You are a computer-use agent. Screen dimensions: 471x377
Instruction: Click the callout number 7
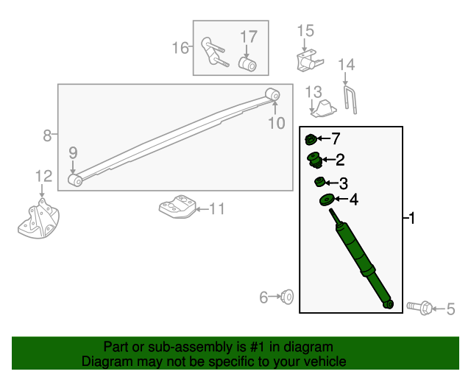[336, 138]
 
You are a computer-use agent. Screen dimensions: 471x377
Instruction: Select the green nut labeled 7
[311, 139]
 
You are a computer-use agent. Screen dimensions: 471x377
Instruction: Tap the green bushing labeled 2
[314, 160]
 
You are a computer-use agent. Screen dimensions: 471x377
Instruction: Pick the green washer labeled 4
[327, 200]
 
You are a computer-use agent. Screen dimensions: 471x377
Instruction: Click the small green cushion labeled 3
[319, 182]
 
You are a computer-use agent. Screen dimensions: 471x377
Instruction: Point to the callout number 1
[412, 218]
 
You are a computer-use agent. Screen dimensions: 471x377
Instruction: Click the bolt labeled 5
[419, 308]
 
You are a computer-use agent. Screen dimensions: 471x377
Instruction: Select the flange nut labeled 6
[287, 297]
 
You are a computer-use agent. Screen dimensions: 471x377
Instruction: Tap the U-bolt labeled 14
[350, 100]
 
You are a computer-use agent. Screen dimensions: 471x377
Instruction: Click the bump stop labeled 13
[324, 108]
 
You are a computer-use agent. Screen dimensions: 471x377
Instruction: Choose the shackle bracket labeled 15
[310, 61]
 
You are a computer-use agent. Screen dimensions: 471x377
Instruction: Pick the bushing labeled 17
[247, 64]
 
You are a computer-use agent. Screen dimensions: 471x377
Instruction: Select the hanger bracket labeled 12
[38, 219]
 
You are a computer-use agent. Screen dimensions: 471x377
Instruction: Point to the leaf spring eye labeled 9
[75, 180]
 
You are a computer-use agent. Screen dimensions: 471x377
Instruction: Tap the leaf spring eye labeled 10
[272, 94]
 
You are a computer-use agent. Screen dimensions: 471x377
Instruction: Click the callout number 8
[47, 135]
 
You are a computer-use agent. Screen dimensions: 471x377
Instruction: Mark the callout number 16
[180, 48]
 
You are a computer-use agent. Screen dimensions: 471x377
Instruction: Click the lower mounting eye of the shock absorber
[389, 304]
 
